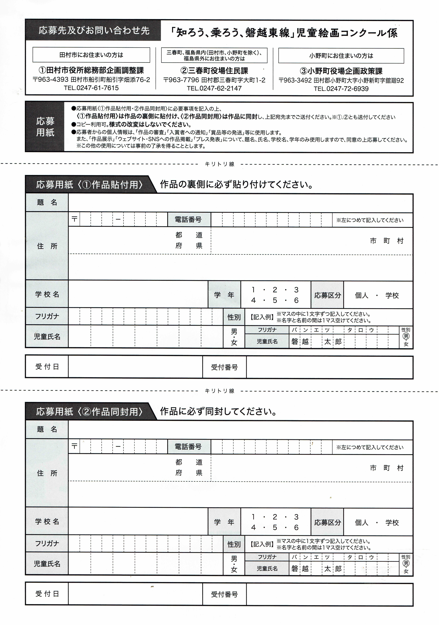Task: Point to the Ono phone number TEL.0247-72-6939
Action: [x=341, y=89]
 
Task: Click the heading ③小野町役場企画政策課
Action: [x=341, y=71]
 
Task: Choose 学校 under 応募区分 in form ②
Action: [x=392, y=523]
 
